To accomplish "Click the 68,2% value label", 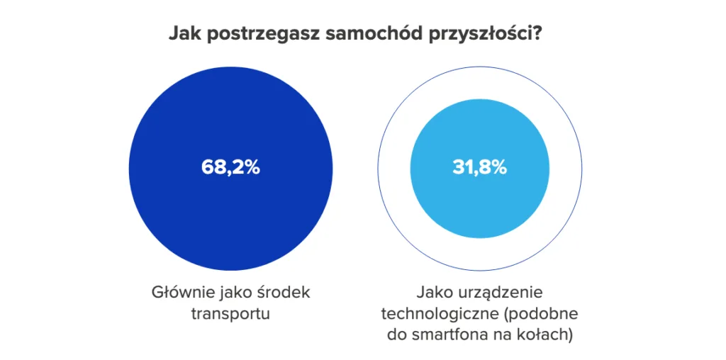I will (x=230, y=168).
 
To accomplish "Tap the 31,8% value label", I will (x=479, y=168).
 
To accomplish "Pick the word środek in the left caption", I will (x=283, y=293).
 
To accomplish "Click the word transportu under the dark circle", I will (x=230, y=313).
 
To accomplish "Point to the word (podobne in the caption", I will (x=532, y=314).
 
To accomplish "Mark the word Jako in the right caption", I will (x=433, y=293).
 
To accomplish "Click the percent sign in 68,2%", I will (x=252, y=168).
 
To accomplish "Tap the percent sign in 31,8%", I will (x=499, y=168).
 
